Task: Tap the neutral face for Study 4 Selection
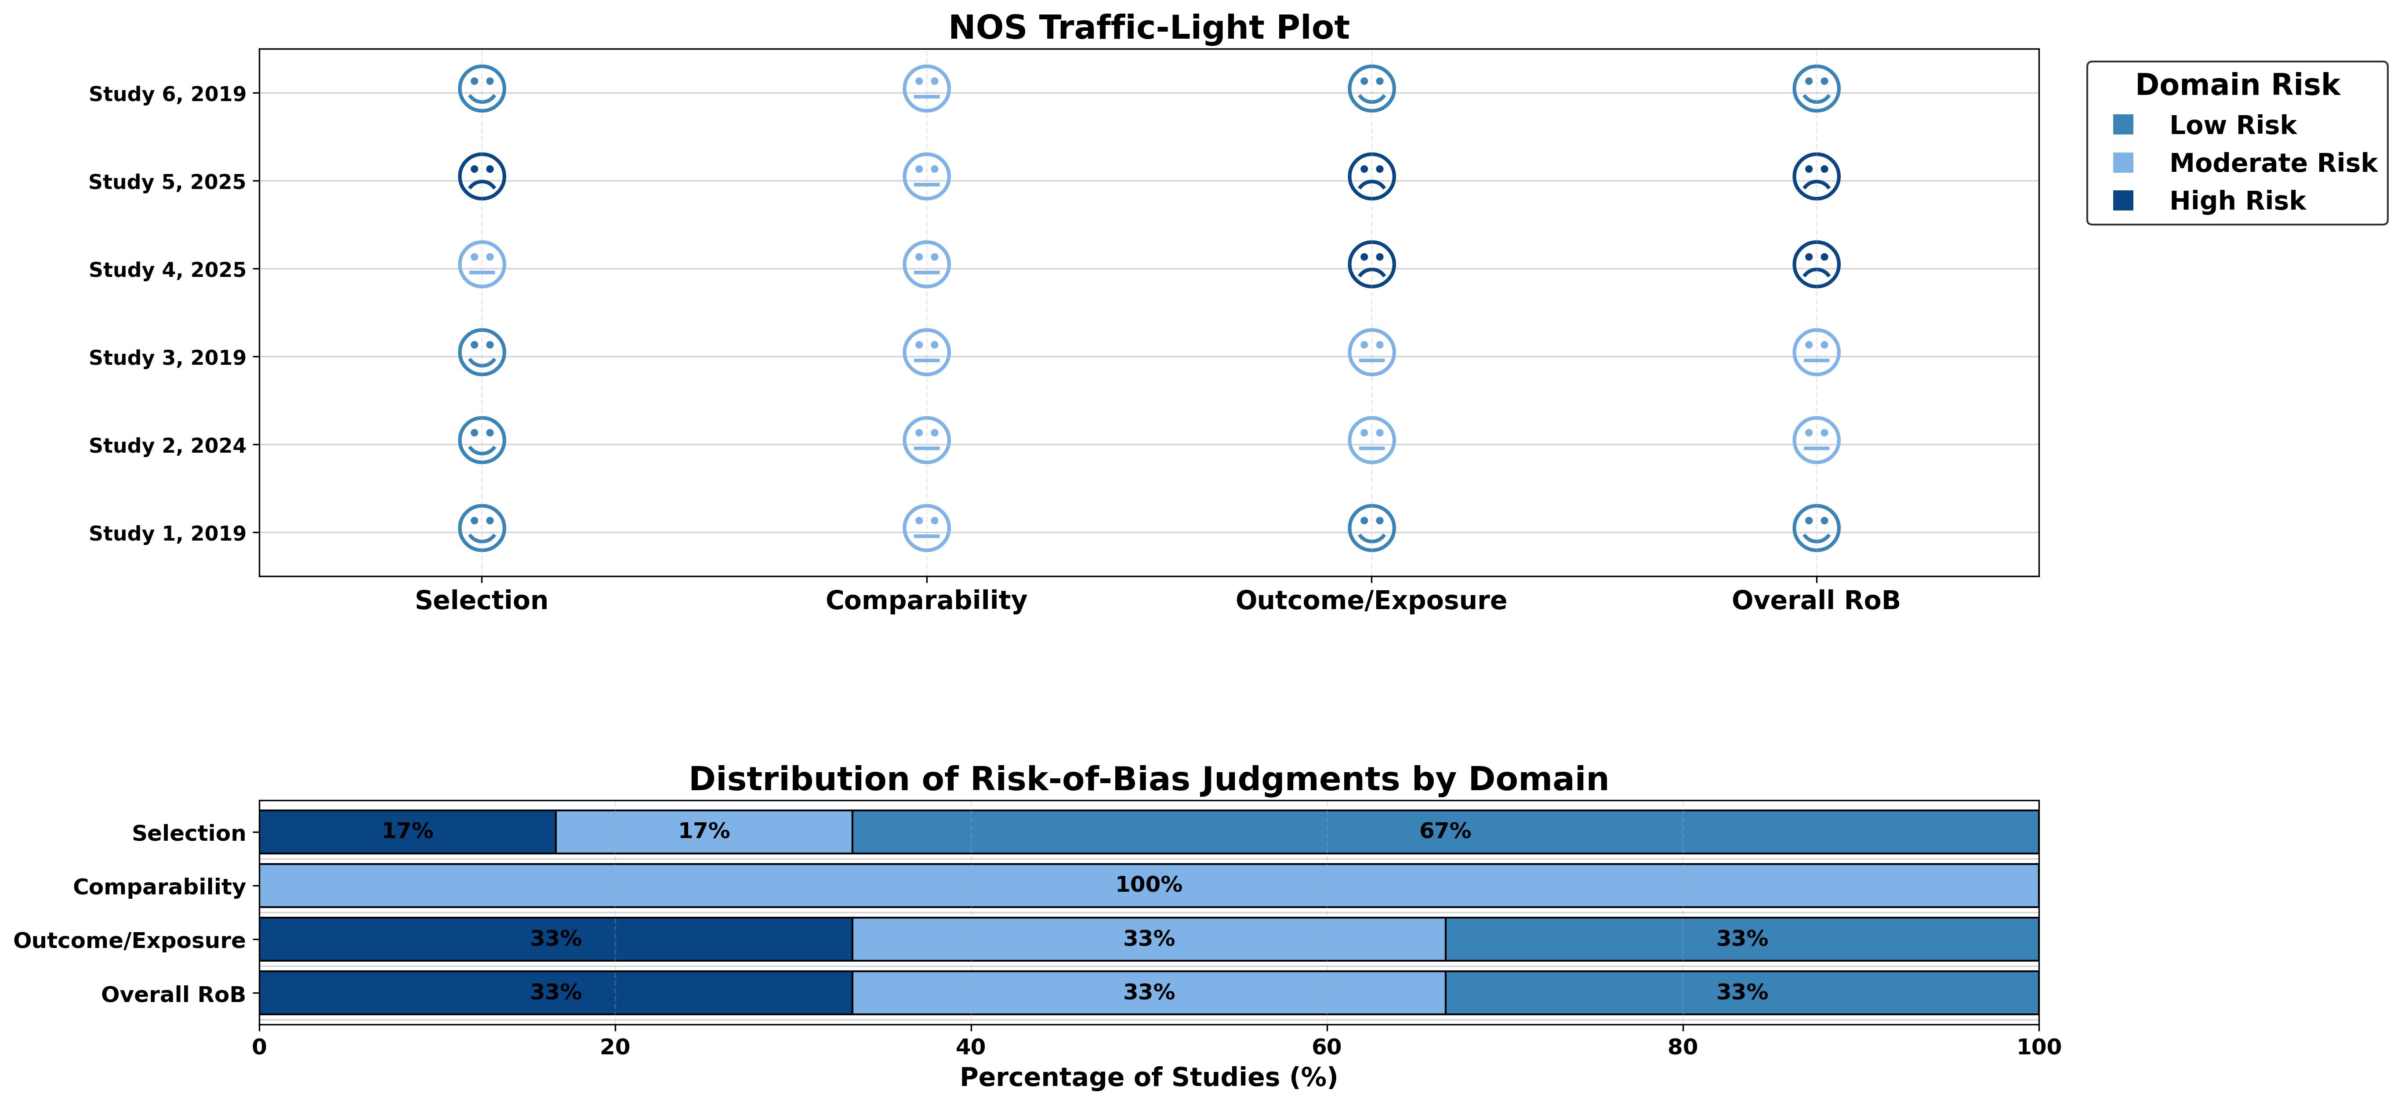point(482,265)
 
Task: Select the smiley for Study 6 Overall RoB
point(1816,89)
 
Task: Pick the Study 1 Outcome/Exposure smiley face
point(1371,529)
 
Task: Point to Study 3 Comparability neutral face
point(926,352)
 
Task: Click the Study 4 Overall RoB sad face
point(1816,265)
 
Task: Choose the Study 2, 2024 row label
point(168,446)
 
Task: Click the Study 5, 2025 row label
point(168,182)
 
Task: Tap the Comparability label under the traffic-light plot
point(926,600)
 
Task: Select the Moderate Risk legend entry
point(2245,163)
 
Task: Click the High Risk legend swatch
point(2123,200)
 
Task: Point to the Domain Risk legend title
point(2237,85)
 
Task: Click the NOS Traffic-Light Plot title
point(1148,28)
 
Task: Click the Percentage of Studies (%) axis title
point(1148,1078)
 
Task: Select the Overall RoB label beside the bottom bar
point(174,995)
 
